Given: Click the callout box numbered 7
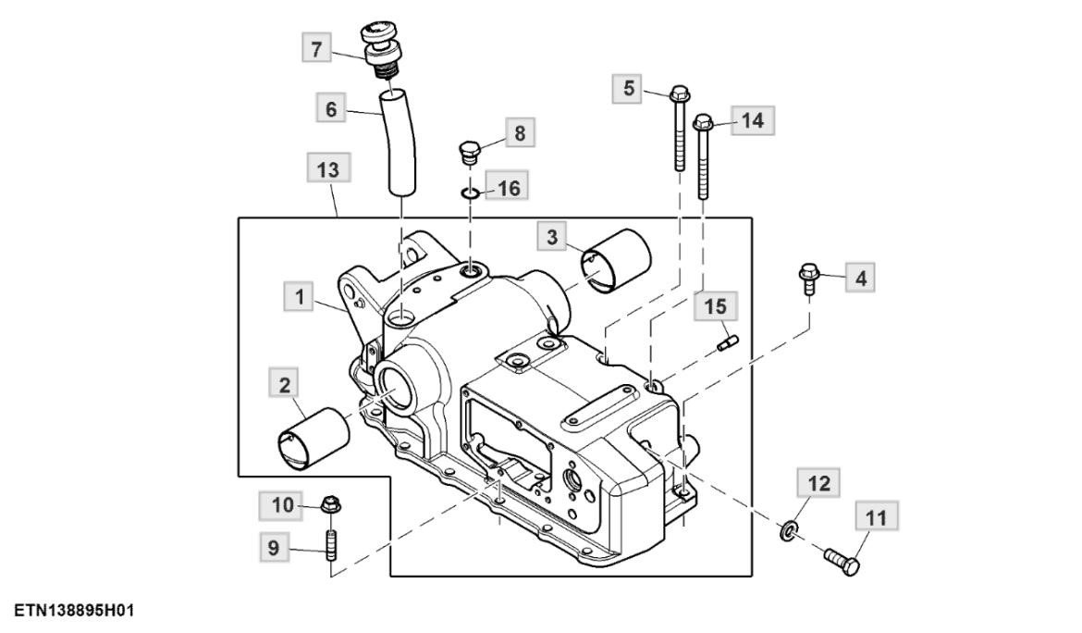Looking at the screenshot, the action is [x=316, y=48].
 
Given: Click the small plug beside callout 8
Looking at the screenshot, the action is [x=469, y=153].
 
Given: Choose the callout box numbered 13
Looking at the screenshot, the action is [x=328, y=169].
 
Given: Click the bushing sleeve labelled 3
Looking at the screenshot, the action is [x=616, y=261].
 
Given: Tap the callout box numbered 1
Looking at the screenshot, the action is [x=299, y=297].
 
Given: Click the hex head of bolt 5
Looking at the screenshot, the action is [x=680, y=93].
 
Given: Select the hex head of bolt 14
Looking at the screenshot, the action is [x=703, y=124].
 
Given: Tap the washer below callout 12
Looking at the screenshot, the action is [x=788, y=530].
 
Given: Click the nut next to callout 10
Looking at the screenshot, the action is [x=330, y=505].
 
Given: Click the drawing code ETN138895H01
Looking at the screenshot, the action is [x=74, y=611].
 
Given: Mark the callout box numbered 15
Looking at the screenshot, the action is [x=716, y=305].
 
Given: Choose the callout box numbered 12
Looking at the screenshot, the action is [x=819, y=483].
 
